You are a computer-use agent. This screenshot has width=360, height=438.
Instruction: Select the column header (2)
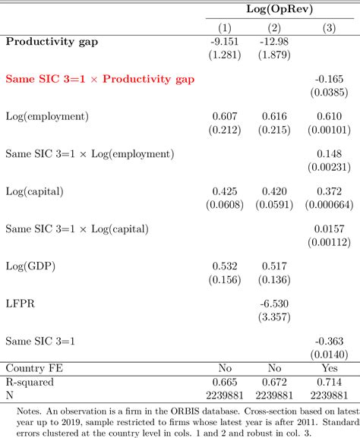point(276,28)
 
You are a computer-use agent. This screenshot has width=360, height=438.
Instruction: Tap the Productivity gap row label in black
point(61,41)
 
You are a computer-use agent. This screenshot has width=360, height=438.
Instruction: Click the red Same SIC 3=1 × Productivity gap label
point(99,78)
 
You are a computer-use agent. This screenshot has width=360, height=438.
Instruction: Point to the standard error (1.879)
point(276,55)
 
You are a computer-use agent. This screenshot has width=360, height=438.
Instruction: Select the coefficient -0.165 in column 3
point(324,78)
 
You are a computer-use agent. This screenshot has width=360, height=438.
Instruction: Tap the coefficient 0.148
point(324,153)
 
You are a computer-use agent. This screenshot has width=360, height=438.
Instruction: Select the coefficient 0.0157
point(324,228)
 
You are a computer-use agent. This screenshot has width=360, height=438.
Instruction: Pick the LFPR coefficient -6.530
point(276,303)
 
